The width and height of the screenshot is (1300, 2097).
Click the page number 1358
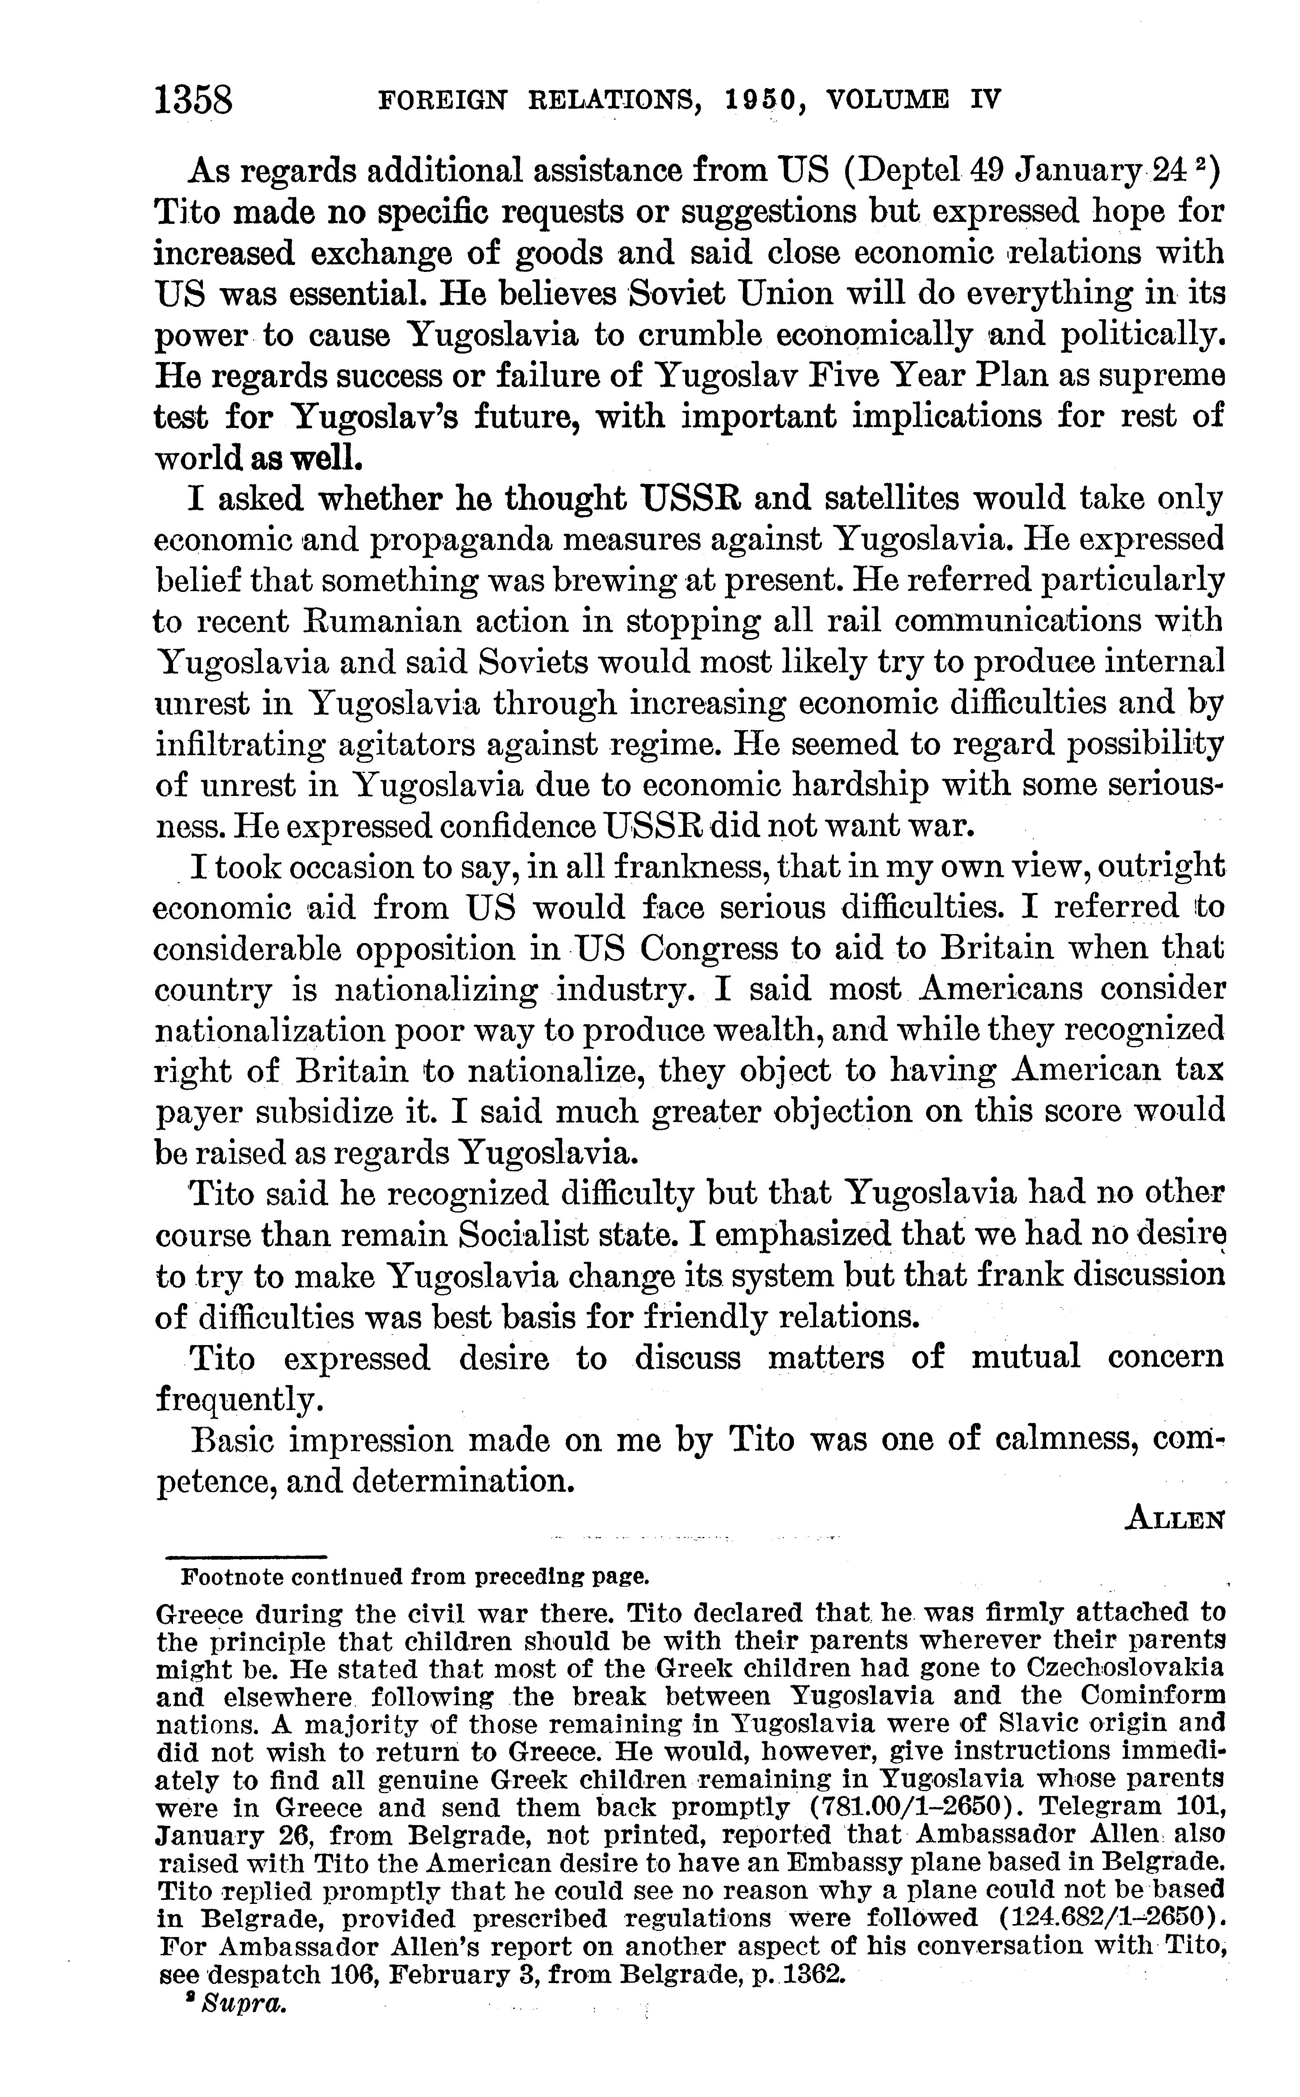click(x=194, y=101)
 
